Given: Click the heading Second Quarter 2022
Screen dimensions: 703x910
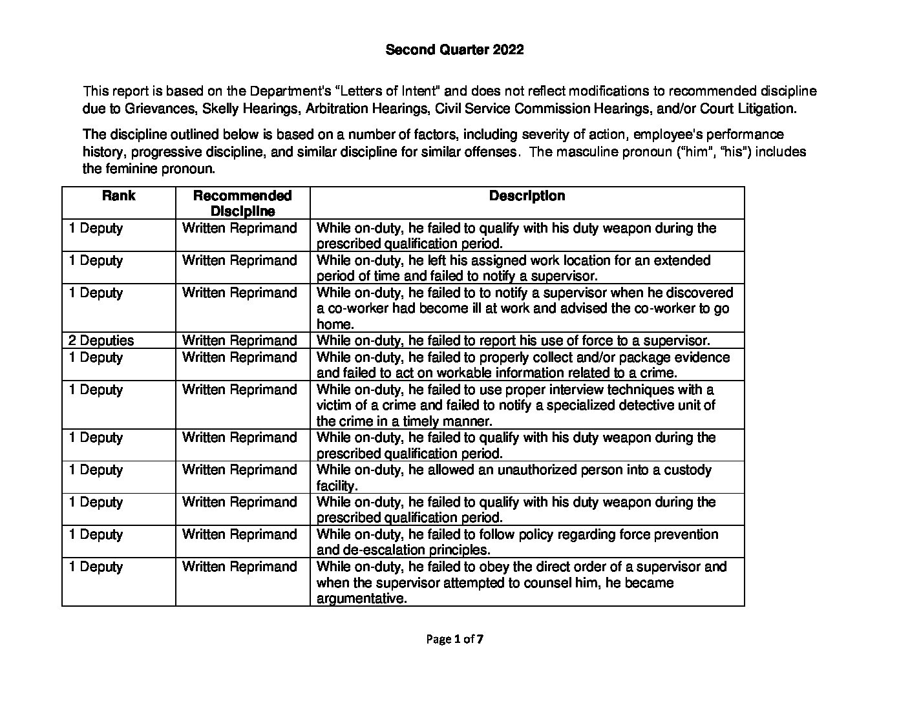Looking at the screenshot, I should pyautogui.click(x=454, y=50).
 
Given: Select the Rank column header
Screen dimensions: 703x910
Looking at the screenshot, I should pyautogui.click(x=118, y=196).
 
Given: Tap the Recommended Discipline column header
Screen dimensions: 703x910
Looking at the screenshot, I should pyautogui.click(x=242, y=203).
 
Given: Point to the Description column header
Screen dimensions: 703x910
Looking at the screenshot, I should pyautogui.click(x=527, y=196).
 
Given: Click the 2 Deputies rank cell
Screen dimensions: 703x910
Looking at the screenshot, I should pyautogui.click(x=101, y=341).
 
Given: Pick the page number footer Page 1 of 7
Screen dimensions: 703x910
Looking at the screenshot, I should pyautogui.click(x=455, y=640).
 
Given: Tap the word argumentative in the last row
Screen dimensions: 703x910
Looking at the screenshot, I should pyautogui.click(x=361, y=598).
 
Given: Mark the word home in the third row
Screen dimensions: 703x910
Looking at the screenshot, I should pyautogui.click(x=335, y=324).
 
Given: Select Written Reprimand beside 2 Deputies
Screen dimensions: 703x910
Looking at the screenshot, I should pyautogui.click(x=239, y=341).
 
